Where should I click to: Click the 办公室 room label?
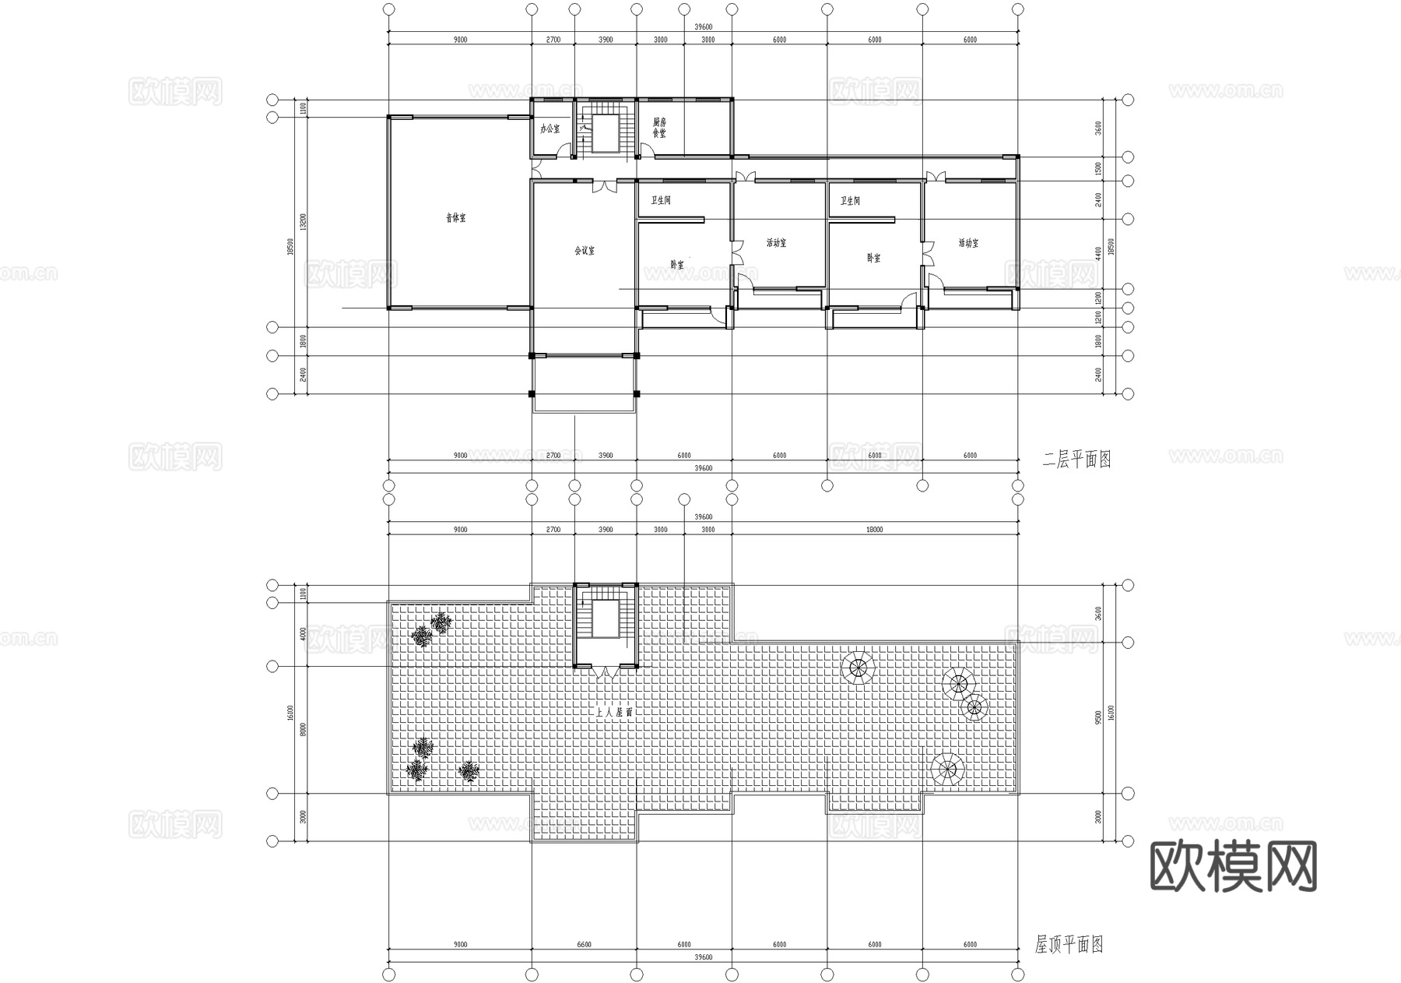550,129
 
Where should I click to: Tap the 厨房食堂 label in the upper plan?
659,128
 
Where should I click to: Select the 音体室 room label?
456,218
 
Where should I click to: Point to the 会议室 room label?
585,251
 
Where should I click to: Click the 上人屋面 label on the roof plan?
614,712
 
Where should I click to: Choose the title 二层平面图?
1076,460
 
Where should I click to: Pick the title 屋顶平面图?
1069,946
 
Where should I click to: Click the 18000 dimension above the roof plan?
875,530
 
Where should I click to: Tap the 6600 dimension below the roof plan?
584,945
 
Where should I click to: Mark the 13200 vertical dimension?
304,223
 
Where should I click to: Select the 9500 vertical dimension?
1098,717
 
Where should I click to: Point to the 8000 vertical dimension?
304,729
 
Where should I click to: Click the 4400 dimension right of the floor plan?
1098,254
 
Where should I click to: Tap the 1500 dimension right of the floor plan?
1098,168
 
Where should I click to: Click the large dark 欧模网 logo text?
1233,866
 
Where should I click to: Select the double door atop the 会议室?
605,187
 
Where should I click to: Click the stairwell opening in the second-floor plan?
605,132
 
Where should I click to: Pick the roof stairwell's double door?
606,671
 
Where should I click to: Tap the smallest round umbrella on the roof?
974,707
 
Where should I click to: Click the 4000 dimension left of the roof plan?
304,634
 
